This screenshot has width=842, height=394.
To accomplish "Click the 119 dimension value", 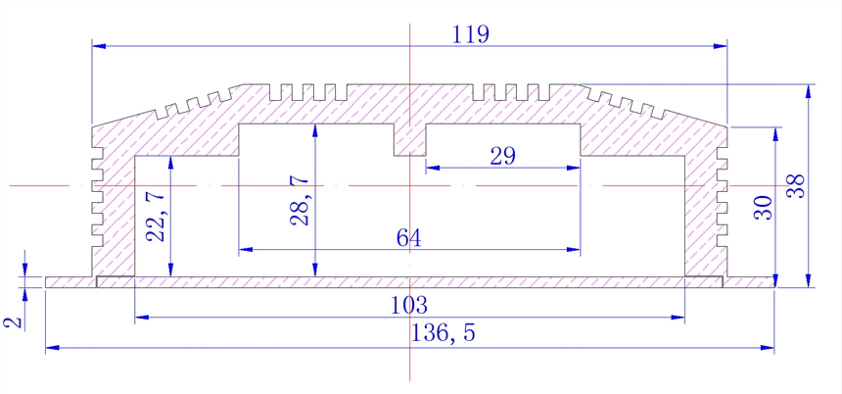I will [471, 34].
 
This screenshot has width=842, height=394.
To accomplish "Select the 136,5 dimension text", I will [444, 333].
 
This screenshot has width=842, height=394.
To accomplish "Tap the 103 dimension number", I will [409, 305].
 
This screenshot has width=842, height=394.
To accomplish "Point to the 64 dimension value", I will [408, 238].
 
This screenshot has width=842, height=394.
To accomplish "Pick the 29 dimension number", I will [501, 156].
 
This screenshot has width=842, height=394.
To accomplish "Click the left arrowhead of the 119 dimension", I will [97, 44].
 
